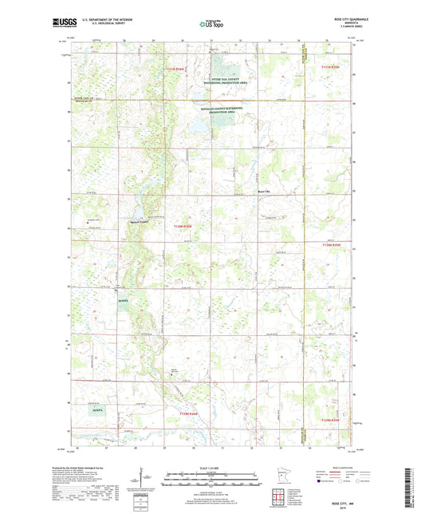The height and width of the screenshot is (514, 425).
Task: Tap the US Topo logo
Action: point(211,24)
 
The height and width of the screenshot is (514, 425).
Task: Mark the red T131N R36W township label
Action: point(175,70)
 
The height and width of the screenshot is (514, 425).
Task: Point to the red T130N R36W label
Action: point(183,227)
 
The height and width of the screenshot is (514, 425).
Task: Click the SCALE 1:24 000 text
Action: point(211,469)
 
